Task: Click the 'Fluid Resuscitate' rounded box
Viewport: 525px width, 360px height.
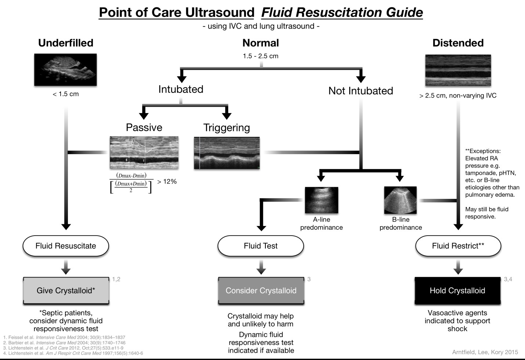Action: [x=66, y=246]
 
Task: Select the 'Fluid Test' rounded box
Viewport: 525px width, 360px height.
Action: [x=261, y=246]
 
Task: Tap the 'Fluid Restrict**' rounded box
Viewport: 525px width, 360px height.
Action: [x=458, y=246]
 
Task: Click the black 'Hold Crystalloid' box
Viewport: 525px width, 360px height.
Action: [x=457, y=291]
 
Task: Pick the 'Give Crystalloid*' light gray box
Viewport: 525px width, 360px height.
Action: [x=66, y=291]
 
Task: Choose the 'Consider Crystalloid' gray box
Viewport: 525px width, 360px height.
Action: [x=261, y=291]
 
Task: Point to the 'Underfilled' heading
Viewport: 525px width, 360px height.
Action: [x=66, y=43]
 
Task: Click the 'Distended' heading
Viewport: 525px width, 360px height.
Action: [x=458, y=43]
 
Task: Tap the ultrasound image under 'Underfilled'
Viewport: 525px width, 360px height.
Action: [x=65, y=70]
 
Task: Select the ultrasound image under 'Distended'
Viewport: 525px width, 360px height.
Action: [x=458, y=70]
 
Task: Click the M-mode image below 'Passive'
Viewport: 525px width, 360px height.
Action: [x=144, y=152]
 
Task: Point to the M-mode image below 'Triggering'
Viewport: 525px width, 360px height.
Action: [x=227, y=153]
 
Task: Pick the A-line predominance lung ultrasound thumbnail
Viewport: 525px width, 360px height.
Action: [x=321, y=200]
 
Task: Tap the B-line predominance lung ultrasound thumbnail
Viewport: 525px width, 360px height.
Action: [x=400, y=200]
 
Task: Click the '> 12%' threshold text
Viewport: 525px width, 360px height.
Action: [x=167, y=182]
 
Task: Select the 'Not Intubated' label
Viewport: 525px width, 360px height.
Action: [x=361, y=91]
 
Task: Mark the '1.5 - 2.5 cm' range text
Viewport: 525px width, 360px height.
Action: [x=260, y=56]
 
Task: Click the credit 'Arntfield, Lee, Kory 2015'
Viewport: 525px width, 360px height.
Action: [x=485, y=352]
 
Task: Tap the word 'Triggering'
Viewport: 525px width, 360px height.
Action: [x=227, y=127]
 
